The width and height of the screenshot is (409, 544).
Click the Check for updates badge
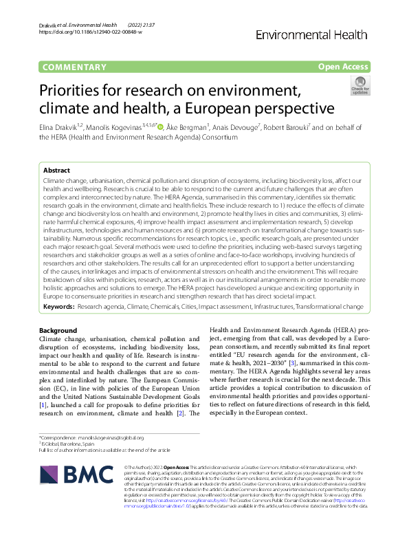point(360,87)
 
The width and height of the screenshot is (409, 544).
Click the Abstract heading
point(56,170)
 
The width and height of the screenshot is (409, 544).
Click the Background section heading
point(58,331)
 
